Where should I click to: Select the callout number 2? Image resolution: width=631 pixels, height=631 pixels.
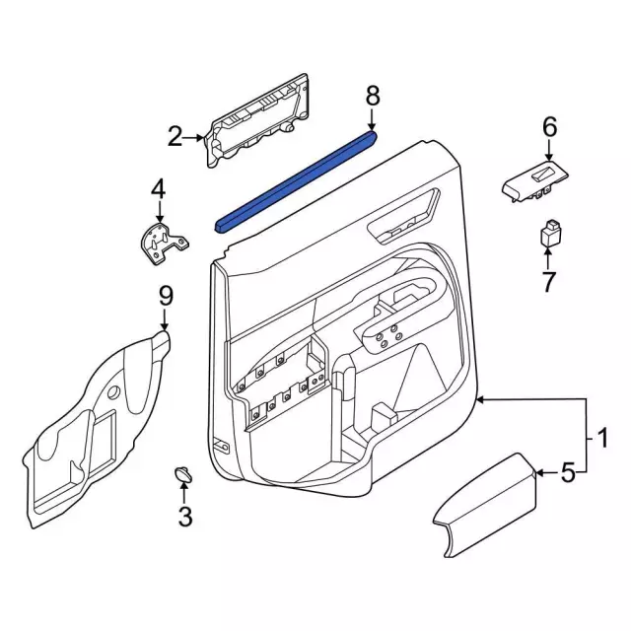point(175,137)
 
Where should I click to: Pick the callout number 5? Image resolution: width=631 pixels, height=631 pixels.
point(567,474)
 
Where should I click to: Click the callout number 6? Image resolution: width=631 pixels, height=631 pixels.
point(549,126)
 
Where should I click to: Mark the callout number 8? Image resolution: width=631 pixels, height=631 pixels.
point(372,96)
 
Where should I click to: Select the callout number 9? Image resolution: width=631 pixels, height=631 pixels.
point(166,294)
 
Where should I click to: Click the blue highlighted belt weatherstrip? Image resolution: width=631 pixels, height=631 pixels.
point(296,182)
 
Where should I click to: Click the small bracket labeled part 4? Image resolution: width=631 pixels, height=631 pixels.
point(162,243)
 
